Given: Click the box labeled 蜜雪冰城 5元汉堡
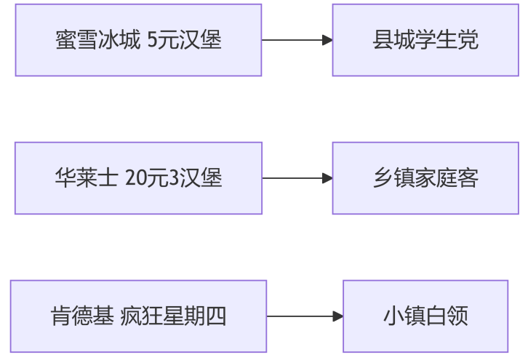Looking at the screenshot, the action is point(138,40).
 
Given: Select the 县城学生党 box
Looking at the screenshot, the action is point(425,40).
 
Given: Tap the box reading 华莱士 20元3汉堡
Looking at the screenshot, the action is point(138,178).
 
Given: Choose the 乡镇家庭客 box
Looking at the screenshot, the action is point(425,178).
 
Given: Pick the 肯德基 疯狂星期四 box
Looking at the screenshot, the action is point(138,316).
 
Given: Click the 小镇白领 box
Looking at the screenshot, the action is point(425,316).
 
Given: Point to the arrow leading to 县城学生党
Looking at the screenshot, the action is point(297,40).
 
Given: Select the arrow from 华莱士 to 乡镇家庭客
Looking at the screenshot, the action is point(297,178).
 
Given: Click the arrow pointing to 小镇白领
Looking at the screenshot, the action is point(305,316).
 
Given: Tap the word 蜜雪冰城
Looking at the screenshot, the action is point(97,40).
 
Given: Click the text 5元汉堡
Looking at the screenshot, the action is point(185,40).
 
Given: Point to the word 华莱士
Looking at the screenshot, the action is point(87,177).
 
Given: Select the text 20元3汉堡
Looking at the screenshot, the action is point(173,177).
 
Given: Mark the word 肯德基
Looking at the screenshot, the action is point(82,316).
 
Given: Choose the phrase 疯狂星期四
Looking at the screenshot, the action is point(173,316).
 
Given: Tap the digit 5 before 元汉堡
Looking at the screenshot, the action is point(153,40).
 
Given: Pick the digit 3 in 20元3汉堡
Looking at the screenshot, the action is point(174,177).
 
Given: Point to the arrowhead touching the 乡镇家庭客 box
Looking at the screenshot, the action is point(327,178).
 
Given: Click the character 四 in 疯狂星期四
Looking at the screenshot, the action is point(216,316).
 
